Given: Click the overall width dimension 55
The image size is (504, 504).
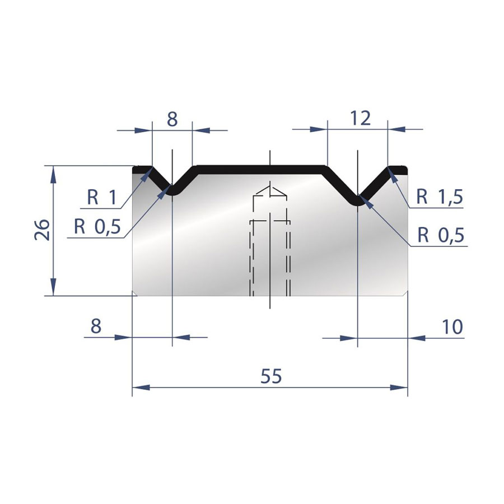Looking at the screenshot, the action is [x=271, y=376].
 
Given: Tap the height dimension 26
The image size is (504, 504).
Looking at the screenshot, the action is [x=43, y=230].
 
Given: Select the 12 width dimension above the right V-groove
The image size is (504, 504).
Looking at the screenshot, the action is [x=360, y=118].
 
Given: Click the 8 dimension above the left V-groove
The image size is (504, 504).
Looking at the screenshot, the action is [x=172, y=119].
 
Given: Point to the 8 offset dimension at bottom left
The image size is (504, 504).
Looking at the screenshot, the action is [x=96, y=326].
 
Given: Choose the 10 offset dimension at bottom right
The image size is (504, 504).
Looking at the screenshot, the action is [x=452, y=327].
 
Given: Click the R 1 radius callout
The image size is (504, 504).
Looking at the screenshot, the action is [x=102, y=197].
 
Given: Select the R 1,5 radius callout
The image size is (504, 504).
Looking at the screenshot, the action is [x=440, y=197].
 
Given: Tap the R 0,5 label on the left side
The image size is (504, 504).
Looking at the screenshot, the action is [x=97, y=227].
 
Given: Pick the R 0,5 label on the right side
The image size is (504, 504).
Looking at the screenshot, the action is [x=441, y=235].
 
